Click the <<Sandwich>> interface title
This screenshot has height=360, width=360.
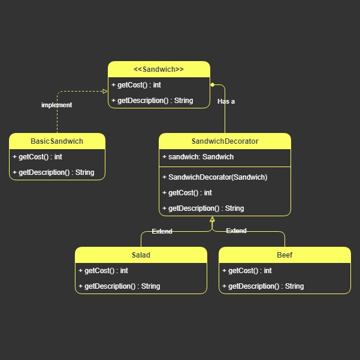[x=159, y=69]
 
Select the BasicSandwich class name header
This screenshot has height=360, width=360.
[x=57, y=141]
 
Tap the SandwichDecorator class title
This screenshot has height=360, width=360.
[x=225, y=141]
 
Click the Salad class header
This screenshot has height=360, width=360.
[x=141, y=255]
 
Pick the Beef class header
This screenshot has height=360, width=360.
[x=285, y=255]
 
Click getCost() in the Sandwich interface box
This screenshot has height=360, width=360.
[x=136, y=85]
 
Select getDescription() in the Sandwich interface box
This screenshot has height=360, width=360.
[x=152, y=101]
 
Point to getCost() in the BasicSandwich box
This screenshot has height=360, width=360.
[x=37, y=157]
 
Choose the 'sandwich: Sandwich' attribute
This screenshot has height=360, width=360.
[x=198, y=157]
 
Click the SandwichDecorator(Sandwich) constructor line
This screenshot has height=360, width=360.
[x=214, y=177]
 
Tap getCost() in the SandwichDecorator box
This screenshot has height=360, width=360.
[x=187, y=193]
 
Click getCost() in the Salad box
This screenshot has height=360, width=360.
[x=103, y=271]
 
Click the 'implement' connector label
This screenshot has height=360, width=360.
[x=56, y=105]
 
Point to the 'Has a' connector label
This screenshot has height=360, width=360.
[x=226, y=101]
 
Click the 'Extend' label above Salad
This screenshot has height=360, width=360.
[x=162, y=231]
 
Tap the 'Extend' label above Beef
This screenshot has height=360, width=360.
[x=236, y=231]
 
